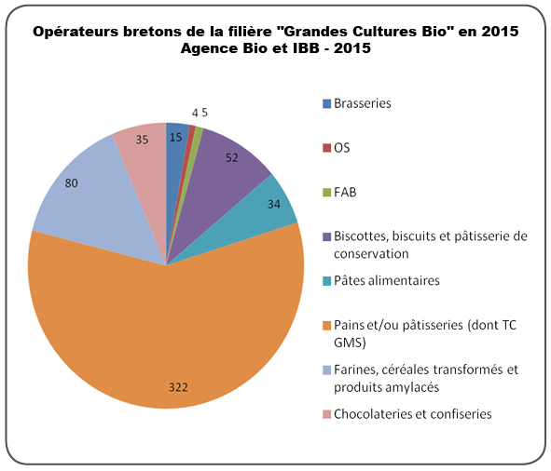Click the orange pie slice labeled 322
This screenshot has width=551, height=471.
[165, 333]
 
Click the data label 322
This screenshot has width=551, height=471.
[178, 387]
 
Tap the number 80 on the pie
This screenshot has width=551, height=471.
[72, 182]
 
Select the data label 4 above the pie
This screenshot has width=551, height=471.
[195, 113]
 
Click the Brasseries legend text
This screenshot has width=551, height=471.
[363, 103]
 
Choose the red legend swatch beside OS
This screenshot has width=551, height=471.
[327, 148]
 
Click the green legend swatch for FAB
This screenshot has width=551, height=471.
[327, 193]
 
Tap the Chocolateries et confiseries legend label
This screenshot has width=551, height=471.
[412, 414]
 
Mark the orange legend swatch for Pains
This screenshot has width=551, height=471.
[327, 326]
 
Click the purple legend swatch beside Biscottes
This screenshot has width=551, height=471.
[327, 237]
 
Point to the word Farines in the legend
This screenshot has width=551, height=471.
[351, 370]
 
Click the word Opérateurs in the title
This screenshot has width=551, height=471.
[76, 32]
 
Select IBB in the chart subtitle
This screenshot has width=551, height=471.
[306, 48]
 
